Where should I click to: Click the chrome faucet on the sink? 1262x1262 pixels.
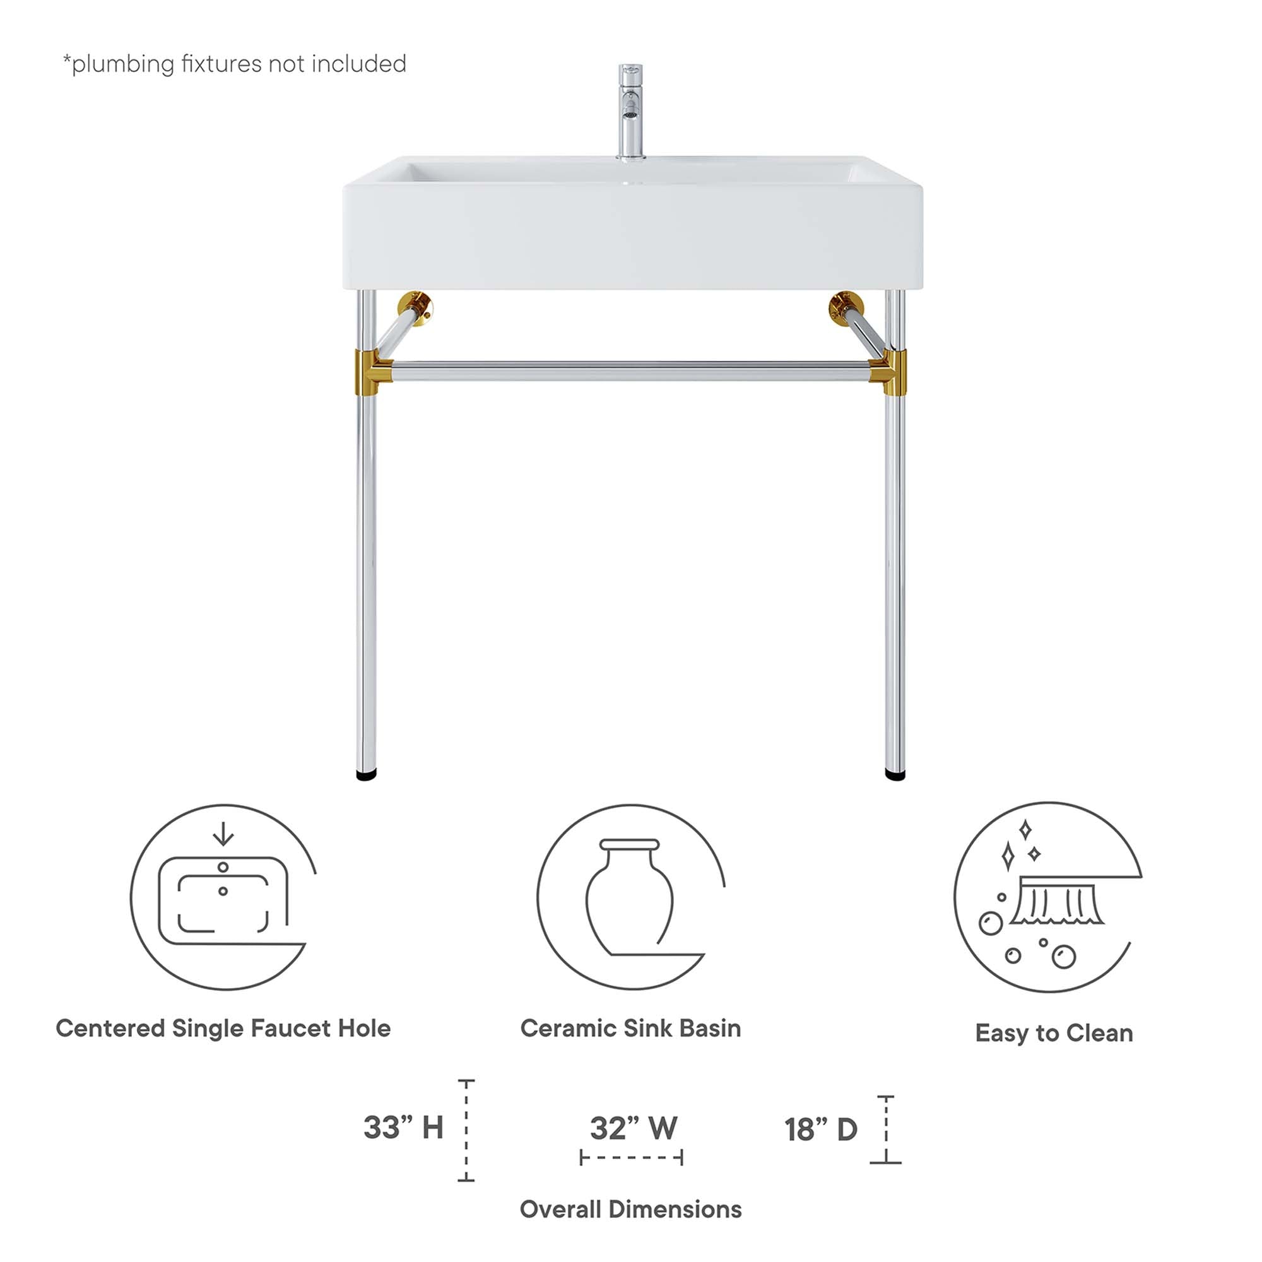[630, 111]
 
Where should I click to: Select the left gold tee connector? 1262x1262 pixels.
[370, 372]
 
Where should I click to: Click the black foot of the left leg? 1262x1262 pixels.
[366, 775]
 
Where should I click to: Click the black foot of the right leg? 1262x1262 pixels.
[895, 775]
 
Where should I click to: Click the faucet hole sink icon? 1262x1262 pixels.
[223, 898]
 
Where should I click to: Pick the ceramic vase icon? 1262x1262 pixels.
[630, 898]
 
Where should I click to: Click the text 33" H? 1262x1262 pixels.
[403, 1128]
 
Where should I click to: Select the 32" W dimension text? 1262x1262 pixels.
[633, 1128]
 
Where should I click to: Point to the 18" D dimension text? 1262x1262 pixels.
[820, 1129]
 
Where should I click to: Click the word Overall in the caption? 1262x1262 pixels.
[560, 1210]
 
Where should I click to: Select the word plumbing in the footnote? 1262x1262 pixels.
[123, 64]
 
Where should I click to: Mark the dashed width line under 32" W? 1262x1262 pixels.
[631, 1158]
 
